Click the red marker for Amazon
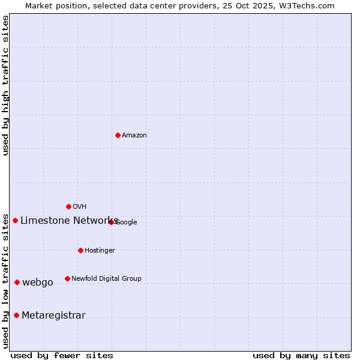point(118,135)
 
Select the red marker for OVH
point(68,206)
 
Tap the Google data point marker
point(112,222)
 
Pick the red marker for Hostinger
point(80,250)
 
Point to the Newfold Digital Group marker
point(67,278)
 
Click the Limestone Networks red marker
point(15,220)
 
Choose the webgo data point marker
point(17,282)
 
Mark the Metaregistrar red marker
point(16,315)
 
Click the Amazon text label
point(134,136)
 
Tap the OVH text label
point(80,207)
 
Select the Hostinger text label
point(100,251)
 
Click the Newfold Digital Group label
point(106,278)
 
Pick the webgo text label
point(38,283)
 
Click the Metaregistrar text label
point(53,316)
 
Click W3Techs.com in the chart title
point(307,6)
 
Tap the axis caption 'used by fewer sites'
point(62,355)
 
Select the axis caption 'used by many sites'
point(301,355)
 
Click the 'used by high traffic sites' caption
point(6,85)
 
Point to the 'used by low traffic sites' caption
point(6,280)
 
